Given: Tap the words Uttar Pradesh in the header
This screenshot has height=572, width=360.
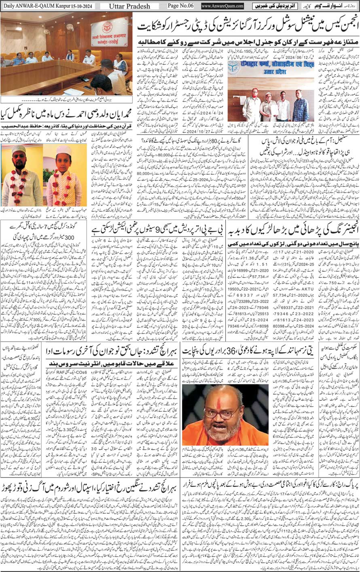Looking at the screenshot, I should pyautogui.click(x=131, y=6).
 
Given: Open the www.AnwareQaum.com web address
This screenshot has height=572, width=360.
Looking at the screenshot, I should pyautogui.click(x=222, y=6).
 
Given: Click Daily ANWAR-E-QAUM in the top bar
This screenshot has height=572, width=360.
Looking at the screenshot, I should pyautogui.click(x=24, y=6).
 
